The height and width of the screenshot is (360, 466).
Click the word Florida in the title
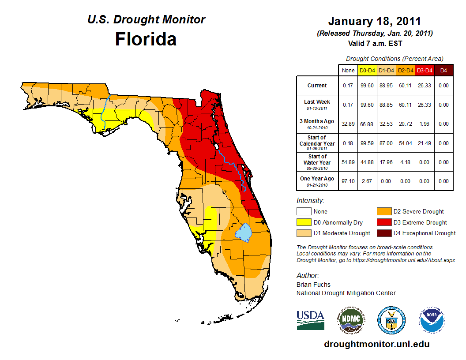click(146, 39)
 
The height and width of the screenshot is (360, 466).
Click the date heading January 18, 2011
click(374, 21)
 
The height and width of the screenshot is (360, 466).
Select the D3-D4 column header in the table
click(425, 71)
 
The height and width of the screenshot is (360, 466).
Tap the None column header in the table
click(348, 71)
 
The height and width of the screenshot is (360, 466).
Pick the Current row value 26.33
click(425, 86)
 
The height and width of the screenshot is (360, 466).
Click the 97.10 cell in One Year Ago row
click(348, 181)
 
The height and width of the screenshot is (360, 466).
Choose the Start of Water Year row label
click(317, 162)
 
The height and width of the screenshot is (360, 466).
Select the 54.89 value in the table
click(348, 162)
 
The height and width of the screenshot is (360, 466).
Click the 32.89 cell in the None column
click(348, 124)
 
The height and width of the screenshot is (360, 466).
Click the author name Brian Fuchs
click(313, 285)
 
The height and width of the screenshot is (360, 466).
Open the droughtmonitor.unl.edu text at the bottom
click(376, 344)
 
